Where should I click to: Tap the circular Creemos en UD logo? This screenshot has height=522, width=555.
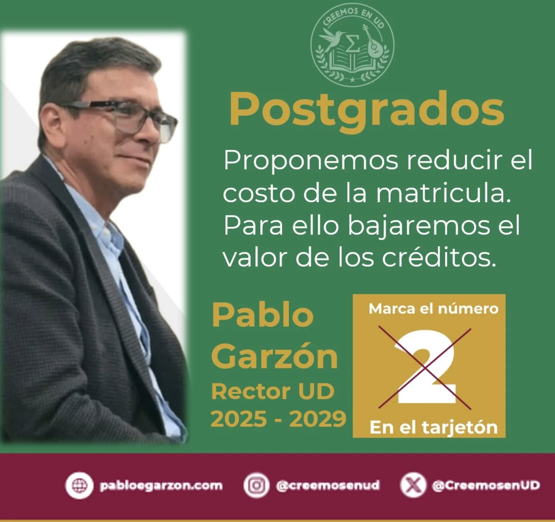click(352, 45)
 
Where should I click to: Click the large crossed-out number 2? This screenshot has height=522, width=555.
click(425, 367)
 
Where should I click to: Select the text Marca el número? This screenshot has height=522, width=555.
click(433, 309)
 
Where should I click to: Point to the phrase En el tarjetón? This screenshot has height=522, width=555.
click(433, 427)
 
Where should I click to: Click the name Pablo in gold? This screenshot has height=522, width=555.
click(262, 315)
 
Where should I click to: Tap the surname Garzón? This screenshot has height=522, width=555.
click(274, 356)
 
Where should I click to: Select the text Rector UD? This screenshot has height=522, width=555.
click(272, 391)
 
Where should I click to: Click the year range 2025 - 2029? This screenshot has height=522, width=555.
click(278, 419)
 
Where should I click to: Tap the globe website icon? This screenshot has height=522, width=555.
click(79, 485)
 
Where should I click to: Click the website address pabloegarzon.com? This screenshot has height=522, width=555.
click(161, 485)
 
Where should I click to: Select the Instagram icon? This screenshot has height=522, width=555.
click(256, 485)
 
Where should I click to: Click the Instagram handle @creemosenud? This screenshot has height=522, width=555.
click(328, 485)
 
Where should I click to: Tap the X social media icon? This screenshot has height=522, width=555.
click(413, 485)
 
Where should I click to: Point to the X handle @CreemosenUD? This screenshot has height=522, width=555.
click(486, 485)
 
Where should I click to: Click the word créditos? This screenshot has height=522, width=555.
click(439, 258)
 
